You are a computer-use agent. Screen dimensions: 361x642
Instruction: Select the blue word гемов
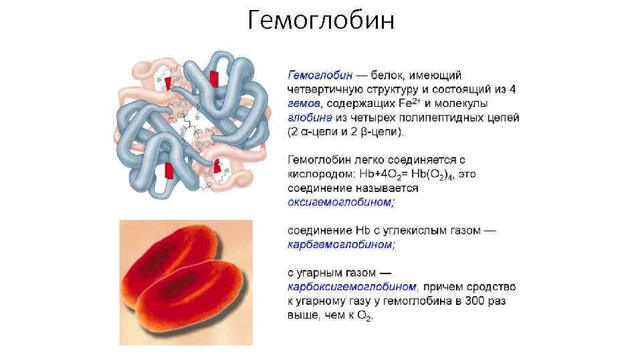point(304,104)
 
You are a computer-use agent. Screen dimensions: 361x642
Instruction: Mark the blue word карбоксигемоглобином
point(352,287)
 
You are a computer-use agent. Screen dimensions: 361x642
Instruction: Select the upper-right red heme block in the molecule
point(213,78)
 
